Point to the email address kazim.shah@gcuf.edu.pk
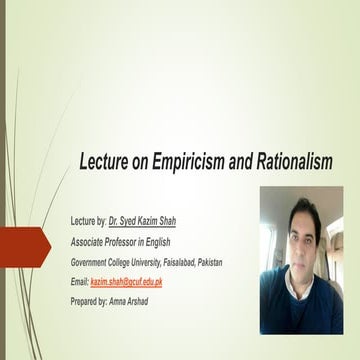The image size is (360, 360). tap(127, 283)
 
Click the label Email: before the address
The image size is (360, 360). tap(80, 283)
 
